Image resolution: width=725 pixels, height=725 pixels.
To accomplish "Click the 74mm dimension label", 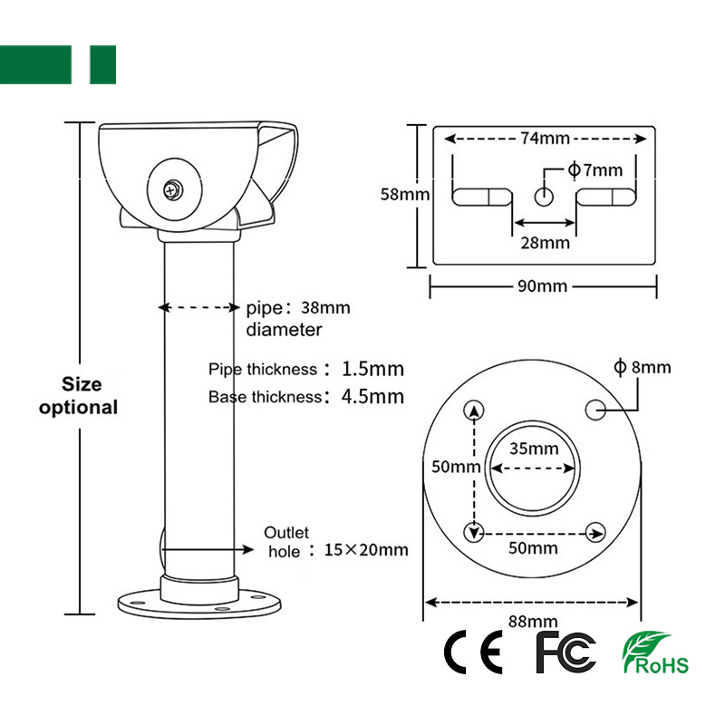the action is tap(545, 139).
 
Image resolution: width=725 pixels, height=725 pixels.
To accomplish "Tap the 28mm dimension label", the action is tap(546, 243).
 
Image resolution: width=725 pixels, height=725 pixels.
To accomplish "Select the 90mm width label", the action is tap(542, 286).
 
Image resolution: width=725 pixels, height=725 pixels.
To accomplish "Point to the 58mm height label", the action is tap(405, 194).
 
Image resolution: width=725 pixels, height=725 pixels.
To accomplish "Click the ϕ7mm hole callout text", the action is tap(595, 170).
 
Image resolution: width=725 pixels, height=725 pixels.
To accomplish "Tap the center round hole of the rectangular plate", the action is tap(544, 197).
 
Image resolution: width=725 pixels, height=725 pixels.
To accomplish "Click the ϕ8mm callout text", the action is tap(643, 367).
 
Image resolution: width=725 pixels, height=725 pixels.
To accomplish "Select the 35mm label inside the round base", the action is tap(534, 449).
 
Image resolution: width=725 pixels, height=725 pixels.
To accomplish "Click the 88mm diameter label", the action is tap(533, 621).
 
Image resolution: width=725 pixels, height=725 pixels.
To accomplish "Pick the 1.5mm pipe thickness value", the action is tap(372, 369).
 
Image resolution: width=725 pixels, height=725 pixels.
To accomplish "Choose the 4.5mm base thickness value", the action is tap(372, 397).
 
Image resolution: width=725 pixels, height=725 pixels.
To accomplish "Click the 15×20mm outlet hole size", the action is tap(366, 550).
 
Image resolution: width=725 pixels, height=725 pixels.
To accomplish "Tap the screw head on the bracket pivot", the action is tap(173, 190).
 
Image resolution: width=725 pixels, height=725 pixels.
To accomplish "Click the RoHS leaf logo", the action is tap(655, 652).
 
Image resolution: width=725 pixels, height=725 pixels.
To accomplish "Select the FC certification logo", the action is tap(565, 652).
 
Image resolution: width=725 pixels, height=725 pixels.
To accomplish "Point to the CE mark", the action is tap(473, 652).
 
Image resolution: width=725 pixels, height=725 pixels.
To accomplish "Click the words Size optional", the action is tap(79, 396).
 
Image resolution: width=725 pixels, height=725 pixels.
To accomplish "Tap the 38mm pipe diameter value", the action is tap(325, 308).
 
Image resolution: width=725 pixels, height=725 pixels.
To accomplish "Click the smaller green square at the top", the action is tap(102, 64).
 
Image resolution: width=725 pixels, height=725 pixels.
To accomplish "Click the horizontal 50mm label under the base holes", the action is tap(533, 548).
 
